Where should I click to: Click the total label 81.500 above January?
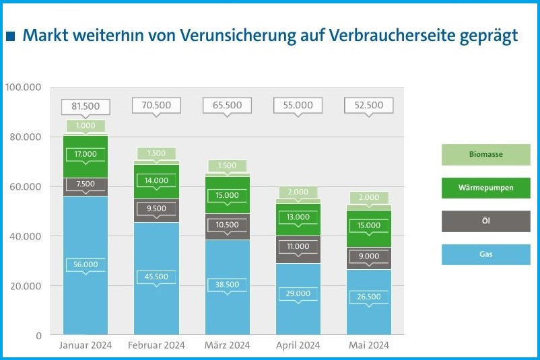[86, 106]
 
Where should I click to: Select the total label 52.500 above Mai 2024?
[368, 106]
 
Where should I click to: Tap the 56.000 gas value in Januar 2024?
[86, 265]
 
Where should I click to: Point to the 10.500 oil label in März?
[227, 225]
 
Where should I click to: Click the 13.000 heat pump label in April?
[298, 217]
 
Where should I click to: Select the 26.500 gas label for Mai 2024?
[368, 297]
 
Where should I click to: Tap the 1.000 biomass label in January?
[86, 126]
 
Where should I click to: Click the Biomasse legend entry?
[485, 155]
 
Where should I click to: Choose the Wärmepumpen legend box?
[485, 188]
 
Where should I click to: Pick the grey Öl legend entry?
[485, 221]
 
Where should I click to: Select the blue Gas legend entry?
[485, 254]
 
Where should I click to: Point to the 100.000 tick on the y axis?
[23, 87]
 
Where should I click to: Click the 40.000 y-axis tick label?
[26, 236]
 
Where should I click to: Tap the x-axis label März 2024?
[227, 345]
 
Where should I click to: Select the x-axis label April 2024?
[298, 345]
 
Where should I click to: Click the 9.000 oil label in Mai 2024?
[368, 256]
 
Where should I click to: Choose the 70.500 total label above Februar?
[156, 106]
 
